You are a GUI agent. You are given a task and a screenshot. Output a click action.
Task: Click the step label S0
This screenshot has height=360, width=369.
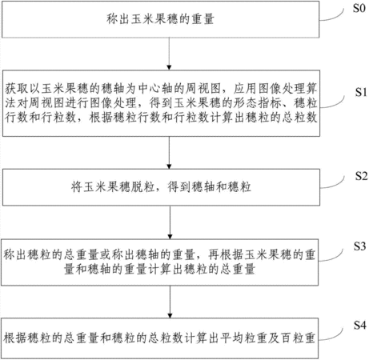point(359,8)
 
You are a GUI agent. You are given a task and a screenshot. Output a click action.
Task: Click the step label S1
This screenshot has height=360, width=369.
point(361,92)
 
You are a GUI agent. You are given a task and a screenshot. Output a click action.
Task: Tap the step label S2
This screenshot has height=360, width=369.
point(361,176)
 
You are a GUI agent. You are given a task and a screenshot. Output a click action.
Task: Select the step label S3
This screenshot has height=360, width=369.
point(360,246)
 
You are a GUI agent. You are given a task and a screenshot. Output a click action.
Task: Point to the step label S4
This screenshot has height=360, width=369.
point(360,326)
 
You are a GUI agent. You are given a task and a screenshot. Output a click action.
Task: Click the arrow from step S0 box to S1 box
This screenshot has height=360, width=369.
point(169,54)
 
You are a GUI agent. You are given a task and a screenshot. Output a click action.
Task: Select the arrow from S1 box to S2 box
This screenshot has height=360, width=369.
point(169,153)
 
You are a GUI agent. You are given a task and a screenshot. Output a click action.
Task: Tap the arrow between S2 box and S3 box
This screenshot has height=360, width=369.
point(170,222)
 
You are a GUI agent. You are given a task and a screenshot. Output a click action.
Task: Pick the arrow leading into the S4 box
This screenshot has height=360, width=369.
point(170,302)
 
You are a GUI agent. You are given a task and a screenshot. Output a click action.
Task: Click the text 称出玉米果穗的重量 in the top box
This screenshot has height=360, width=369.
point(160,19)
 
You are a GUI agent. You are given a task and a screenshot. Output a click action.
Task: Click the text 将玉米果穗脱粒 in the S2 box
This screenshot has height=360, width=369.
point(113,187)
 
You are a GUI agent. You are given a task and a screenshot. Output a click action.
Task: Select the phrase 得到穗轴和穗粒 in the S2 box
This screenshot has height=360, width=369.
point(209,187)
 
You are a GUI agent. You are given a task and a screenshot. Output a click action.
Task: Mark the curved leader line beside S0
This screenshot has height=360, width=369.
point(331,16)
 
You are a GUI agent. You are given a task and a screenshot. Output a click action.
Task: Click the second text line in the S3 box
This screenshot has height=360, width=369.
point(159,270)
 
